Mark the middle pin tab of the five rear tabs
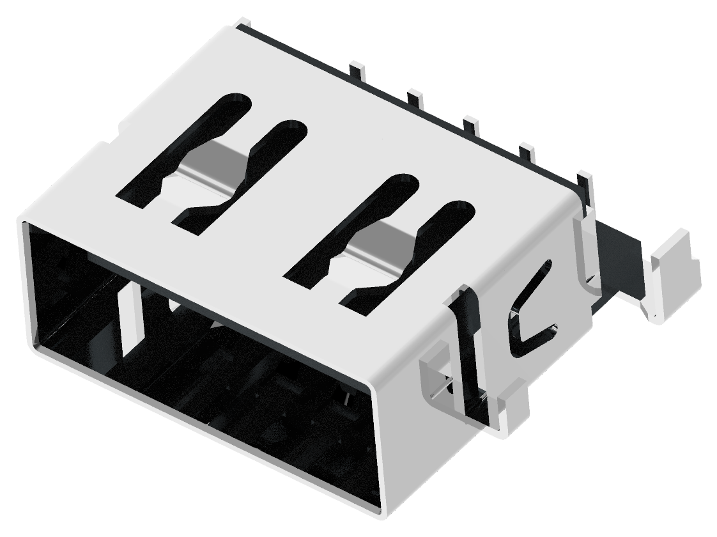471,124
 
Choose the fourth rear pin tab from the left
527,152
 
